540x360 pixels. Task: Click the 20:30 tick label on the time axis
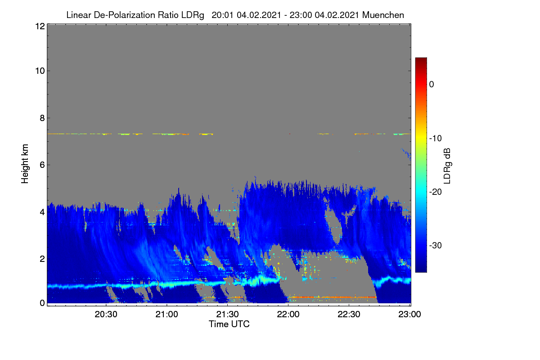click(106, 314)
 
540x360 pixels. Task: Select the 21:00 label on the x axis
click(166, 314)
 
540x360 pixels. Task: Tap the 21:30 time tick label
click(227, 314)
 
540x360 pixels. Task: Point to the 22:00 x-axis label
click(288, 314)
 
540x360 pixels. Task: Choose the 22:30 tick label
click(349, 314)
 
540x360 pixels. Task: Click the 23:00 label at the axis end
click(409, 314)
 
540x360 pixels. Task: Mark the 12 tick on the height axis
click(40, 26)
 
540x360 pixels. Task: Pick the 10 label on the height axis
click(40, 71)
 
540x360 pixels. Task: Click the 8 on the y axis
click(42, 118)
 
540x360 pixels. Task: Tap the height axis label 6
click(42, 165)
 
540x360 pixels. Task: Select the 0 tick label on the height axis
click(42, 303)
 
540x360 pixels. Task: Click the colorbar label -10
click(436, 138)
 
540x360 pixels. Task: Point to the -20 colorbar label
click(436, 192)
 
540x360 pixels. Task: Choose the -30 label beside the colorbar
click(436, 245)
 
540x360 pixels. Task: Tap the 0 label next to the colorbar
click(432, 85)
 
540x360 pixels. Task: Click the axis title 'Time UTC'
click(229, 324)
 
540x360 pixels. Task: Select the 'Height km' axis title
click(25, 164)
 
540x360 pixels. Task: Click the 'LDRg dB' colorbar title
click(447, 166)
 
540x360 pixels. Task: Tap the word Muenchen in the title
click(383, 15)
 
